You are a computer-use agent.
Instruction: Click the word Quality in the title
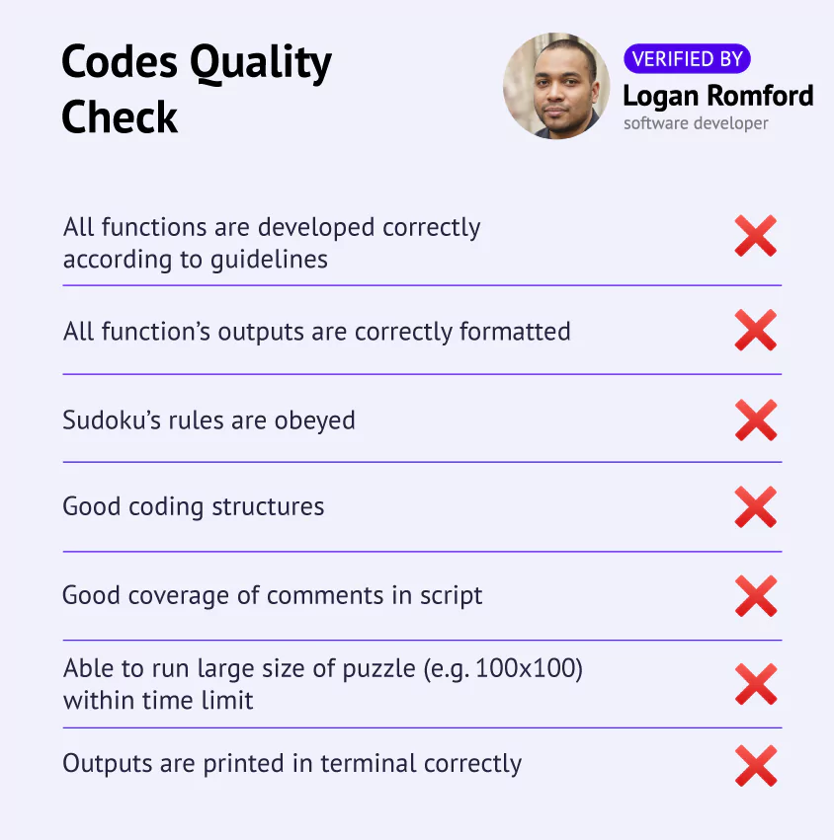261,63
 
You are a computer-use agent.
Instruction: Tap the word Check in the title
119,116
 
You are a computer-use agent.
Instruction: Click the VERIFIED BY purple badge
687,58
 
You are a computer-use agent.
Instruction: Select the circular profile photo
556,86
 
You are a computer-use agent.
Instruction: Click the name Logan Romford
718,97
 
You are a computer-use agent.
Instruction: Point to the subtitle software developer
696,123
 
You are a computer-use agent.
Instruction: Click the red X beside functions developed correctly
756,236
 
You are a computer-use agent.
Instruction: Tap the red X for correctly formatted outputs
756,330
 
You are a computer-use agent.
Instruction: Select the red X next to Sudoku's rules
756,420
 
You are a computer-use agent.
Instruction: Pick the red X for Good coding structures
756,506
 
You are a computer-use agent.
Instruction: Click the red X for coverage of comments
756,596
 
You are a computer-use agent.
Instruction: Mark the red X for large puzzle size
756,684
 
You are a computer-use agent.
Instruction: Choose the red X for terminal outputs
756,766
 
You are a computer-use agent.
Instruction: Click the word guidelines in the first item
269,261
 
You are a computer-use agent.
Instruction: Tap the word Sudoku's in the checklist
112,420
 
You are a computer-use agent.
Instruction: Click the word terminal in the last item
368,763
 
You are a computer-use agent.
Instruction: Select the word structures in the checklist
268,506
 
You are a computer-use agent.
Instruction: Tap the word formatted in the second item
515,332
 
